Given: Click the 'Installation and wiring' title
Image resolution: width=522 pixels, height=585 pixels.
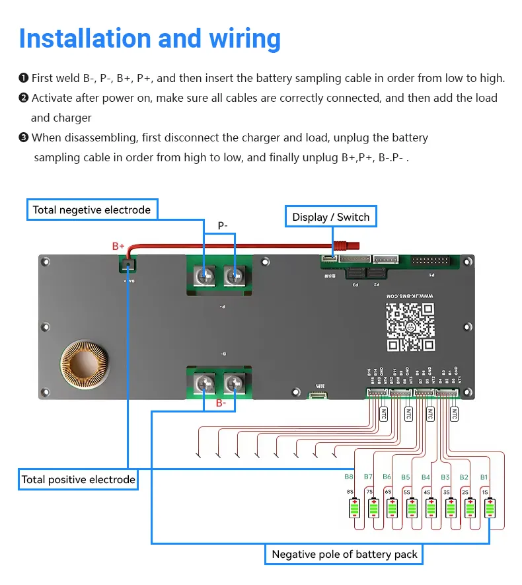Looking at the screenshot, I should tap(149, 38).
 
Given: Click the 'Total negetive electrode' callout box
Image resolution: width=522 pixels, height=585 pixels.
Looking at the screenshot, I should tap(92, 210).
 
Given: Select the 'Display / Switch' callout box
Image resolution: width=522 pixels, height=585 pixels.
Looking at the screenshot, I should tap(331, 217).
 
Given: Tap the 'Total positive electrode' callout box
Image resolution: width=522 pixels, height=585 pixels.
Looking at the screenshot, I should tap(78, 479).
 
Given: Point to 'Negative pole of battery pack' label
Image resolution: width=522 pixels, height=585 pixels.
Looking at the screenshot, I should tap(344, 554).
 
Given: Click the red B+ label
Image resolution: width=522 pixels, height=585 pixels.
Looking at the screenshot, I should tap(118, 246).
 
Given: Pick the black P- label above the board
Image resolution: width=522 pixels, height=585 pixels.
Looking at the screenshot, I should tap(223, 226).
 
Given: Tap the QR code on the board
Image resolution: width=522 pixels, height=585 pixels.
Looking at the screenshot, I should tap(410, 327).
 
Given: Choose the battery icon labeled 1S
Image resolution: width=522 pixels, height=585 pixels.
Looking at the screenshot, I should tap(489, 508).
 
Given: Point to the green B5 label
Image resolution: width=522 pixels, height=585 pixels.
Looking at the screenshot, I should tap(405, 477).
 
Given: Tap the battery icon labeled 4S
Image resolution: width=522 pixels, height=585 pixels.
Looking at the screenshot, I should tap(431, 508).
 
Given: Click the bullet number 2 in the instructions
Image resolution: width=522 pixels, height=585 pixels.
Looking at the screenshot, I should tap(24, 98).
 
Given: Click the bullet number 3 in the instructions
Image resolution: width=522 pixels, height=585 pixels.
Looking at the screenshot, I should tap(24, 138).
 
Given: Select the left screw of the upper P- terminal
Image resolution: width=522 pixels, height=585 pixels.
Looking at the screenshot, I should tap(205, 274).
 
